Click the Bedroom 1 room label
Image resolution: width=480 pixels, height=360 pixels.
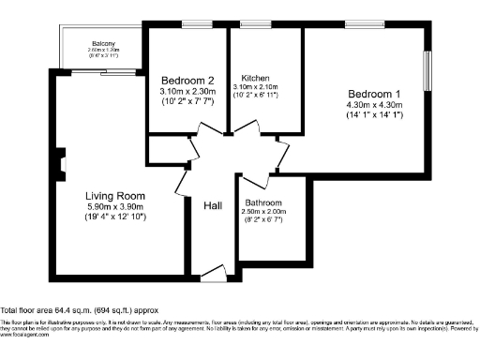375,95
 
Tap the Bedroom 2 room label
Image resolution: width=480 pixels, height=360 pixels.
187,79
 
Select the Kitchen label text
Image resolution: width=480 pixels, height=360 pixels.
256,78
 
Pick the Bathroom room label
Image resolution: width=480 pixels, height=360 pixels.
264,202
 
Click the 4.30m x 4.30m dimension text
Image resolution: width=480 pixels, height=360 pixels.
375,106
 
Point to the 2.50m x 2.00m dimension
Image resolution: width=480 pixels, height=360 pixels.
264,213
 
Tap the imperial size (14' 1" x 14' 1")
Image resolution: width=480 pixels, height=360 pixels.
375,117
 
